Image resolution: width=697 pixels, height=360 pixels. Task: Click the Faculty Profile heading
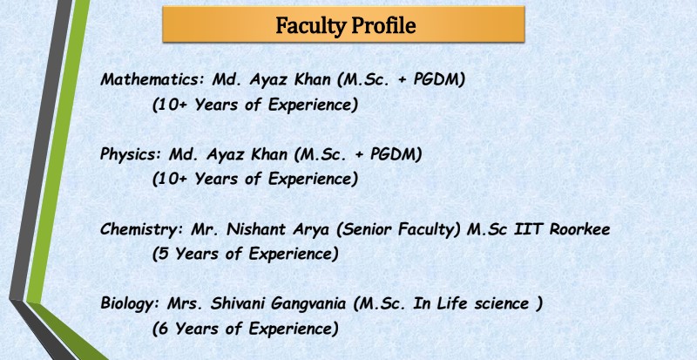tap(344, 25)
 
